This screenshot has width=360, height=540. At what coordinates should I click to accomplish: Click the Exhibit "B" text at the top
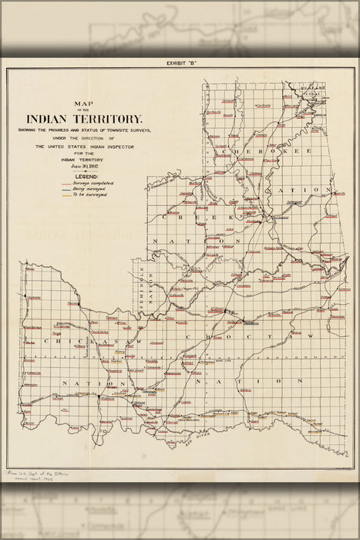click(x=181, y=64)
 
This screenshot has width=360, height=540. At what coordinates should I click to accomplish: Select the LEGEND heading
click(x=85, y=177)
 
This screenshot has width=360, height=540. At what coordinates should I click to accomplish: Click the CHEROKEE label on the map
click(x=266, y=151)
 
